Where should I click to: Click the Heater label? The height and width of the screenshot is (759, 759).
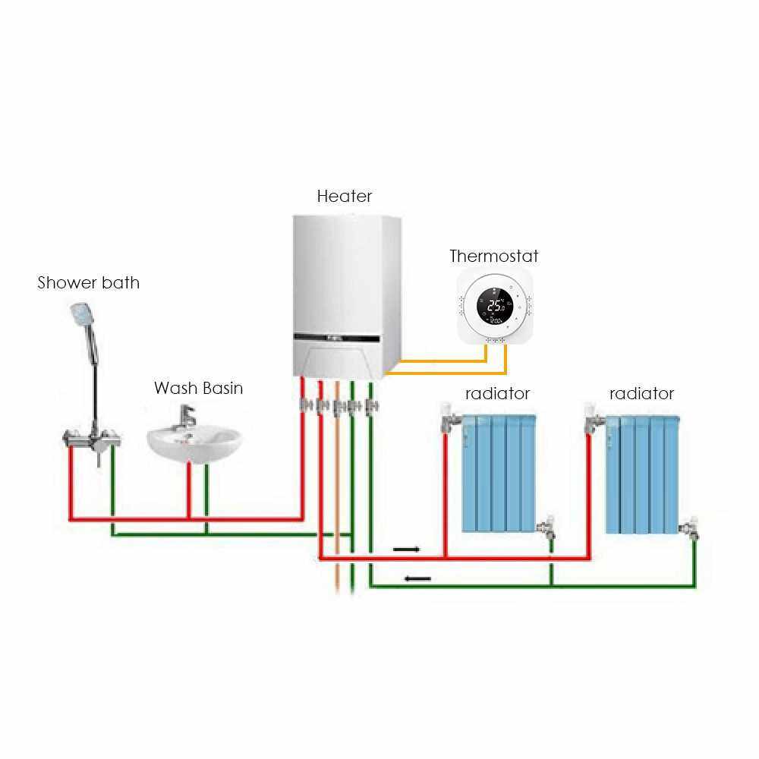[x=345, y=196]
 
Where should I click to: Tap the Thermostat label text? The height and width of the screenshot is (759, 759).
[x=494, y=256]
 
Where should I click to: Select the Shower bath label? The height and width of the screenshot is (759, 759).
[x=89, y=283]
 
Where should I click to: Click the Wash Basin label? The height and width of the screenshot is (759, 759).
[x=199, y=389]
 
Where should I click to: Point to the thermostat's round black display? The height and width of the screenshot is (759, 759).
[x=496, y=307]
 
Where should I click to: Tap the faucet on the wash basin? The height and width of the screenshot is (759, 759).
[x=186, y=417]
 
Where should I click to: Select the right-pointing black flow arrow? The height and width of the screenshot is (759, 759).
[x=406, y=548]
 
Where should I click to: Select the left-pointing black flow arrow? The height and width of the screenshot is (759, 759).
[x=417, y=579]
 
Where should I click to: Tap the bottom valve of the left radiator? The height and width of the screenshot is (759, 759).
[x=546, y=528]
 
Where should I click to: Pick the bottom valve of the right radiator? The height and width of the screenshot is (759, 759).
[x=689, y=528]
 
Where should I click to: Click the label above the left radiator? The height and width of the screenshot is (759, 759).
[x=497, y=394]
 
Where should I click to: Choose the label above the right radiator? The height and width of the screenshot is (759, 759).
[x=641, y=394]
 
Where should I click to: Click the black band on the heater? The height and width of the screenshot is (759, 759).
[x=342, y=335]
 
